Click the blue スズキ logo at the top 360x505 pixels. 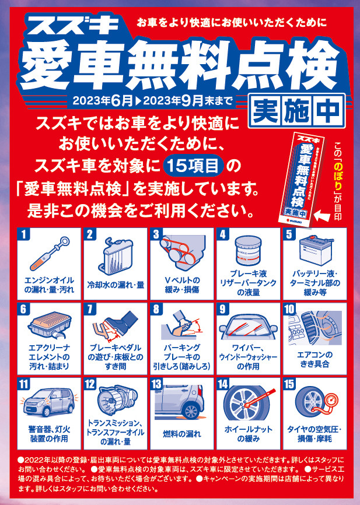pos(76,26)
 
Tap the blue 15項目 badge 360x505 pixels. pos(193,166)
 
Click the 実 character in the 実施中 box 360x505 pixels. pos(265,110)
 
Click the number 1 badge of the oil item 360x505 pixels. pos(23,234)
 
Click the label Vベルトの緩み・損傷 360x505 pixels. pos(182,285)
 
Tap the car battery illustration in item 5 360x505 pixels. pos(316,251)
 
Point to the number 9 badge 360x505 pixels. pos(223,309)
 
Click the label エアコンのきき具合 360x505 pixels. pos(314,359)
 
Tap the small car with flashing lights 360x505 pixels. pos(49,402)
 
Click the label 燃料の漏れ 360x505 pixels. pos(182,434)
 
